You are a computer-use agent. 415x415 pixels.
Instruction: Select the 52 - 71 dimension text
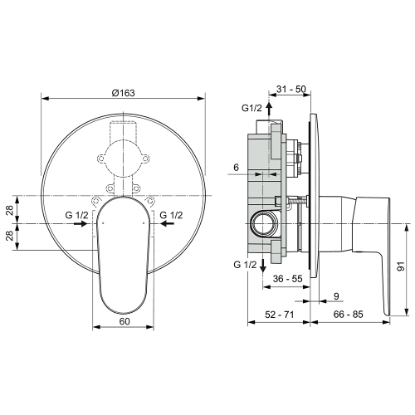coord(279,315)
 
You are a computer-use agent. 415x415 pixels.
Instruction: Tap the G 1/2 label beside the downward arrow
coord(246,264)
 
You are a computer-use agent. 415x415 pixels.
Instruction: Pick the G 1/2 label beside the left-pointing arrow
coord(172,215)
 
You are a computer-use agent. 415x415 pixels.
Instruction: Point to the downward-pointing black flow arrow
coord(264,263)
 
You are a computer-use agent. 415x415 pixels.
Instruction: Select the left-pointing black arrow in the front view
coord(166,224)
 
